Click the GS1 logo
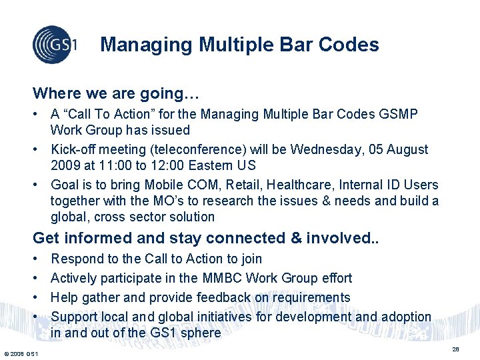[55, 45]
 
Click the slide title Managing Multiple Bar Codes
[239, 45]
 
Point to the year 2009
[66, 165]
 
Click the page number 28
[457, 349]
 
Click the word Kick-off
[74, 149]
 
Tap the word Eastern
[213, 165]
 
